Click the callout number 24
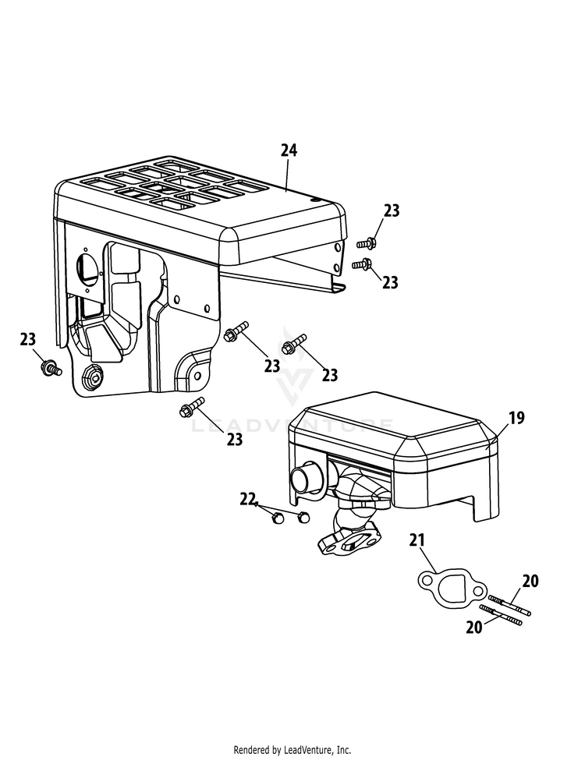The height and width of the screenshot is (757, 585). [289, 150]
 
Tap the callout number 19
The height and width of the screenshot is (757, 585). [516, 417]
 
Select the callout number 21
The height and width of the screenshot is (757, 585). [417, 539]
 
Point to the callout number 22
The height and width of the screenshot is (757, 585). [247, 499]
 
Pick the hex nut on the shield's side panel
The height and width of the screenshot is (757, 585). [92, 375]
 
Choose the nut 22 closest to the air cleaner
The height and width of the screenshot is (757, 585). [303, 516]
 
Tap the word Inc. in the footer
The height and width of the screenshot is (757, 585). [343, 750]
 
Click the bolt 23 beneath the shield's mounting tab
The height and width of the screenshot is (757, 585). [192, 407]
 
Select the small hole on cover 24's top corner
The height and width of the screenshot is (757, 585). [317, 199]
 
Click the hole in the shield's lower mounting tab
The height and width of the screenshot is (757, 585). [197, 375]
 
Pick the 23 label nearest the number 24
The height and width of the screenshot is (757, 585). [392, 210]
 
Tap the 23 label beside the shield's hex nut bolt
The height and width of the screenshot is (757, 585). [27, 339]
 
